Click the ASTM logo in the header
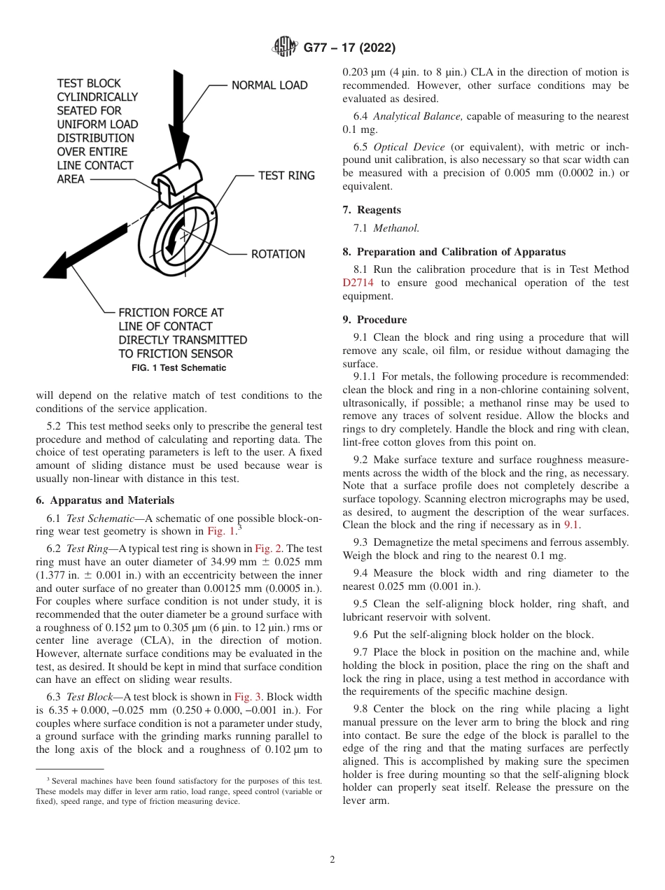click(284, 48)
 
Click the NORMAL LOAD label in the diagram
click(269, 85)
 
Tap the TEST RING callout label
click(287, 176)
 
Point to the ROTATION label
click(278, 254)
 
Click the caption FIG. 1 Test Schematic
click(179, 368)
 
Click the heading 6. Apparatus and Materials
click(105, 500)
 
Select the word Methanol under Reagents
click(396, 228)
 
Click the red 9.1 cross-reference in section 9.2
click(572, 525)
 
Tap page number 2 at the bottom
click(332, 859)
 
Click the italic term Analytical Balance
click(417, 116)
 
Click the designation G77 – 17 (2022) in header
click(349, 48)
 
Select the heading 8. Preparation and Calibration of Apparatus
click(454, 252)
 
